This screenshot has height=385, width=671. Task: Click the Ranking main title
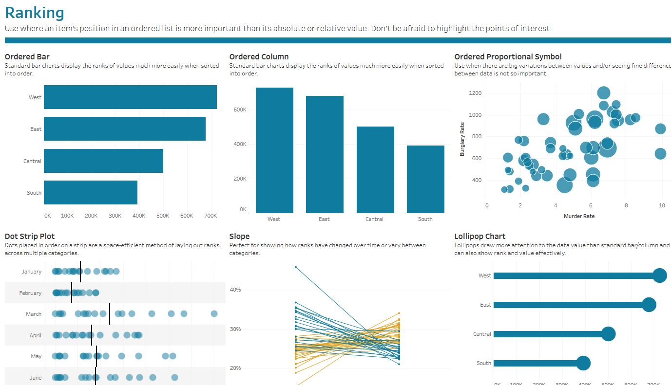click(34, 13)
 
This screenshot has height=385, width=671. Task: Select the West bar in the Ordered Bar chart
click(130, 97)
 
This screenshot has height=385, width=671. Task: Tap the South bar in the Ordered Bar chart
click(91, 193)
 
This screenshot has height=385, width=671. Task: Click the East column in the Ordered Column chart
click(325, 154)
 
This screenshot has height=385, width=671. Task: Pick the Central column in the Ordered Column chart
click(375, 170)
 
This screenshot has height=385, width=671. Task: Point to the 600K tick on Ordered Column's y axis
click(240, 110)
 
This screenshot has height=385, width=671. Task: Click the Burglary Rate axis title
click(462, 139)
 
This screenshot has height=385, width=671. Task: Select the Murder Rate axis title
click(579, 216)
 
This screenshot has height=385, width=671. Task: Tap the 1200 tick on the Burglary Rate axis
click(475, 93)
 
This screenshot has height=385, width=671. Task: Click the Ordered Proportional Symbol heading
click(508, 57)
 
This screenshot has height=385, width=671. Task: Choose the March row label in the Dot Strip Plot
click(34, 314)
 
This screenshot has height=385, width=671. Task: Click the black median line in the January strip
click(80, 272)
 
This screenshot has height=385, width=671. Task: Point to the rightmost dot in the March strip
click(214, 314)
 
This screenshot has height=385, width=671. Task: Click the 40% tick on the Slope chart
click(235, 290)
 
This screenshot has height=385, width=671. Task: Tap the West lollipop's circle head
click(660, 275)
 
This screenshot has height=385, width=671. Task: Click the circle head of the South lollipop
click(583, 363)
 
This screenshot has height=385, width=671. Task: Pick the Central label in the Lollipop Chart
click(482, 334)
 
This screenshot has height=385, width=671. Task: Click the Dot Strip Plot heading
click(30, 237)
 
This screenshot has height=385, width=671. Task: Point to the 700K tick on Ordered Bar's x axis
click(211, 216)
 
